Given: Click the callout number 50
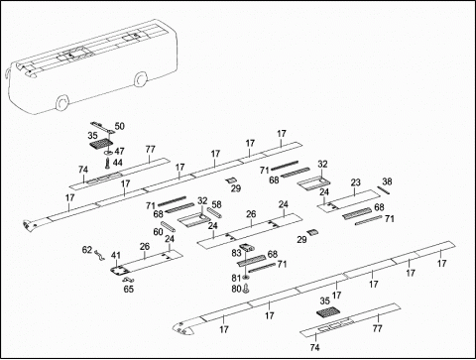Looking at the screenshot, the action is (120, 126).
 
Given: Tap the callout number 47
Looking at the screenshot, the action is (119, 152).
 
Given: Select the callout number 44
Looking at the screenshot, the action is (118, 163).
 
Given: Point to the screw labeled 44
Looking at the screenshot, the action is (107, 163).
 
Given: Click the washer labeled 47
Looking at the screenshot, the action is (108, 153).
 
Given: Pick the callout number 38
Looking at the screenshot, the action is (387, 181).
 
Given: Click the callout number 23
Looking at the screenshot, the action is (355, 182).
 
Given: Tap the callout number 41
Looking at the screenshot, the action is (116, 255).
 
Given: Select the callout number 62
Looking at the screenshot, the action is (87, 250).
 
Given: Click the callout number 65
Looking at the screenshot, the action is (129, 290).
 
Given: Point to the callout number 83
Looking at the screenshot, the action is (237, 253).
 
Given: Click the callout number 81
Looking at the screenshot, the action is (236, 278).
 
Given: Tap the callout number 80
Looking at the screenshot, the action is (236, 290).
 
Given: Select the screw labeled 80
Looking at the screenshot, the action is (246, 289).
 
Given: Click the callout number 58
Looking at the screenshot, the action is (216, 204).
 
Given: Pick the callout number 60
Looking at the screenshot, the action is (158, 232).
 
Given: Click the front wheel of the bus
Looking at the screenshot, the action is (62, 102).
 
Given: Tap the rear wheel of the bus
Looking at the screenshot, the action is (141, 78).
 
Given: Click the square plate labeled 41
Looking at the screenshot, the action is (119, 271).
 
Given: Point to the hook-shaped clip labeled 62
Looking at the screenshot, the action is (99, 256).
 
